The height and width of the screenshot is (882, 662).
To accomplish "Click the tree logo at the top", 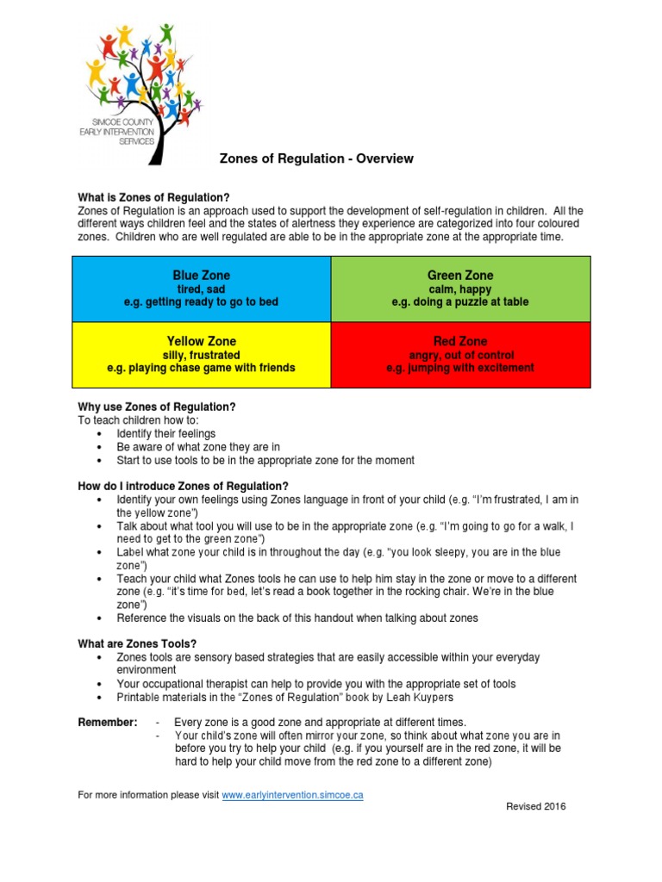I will pyautogui.click(x=143, y=90).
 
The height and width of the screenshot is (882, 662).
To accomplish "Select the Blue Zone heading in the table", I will pyautogui.click(x=202, y=276).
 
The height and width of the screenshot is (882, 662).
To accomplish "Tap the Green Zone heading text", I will pyautogui.click(x=460, y=276).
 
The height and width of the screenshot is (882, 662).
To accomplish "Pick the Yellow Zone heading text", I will pyautogui.click(x=201, y=342).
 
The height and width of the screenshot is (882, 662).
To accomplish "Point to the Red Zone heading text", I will pyautogui.click(x=460, y=342).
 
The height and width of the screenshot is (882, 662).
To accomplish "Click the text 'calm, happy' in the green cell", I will pyautogui.click(x=460, y=289).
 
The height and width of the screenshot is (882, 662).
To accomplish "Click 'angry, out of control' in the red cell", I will pyautogui.click(x=460, y=355).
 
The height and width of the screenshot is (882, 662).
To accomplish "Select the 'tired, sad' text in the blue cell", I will pyautogui.click(x=201, y=289).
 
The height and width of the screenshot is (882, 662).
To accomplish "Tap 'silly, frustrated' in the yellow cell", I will pyautogui.click(x=201, y=355).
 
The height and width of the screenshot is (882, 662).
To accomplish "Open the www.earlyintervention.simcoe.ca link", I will pyautogui.click(x=292, y=795).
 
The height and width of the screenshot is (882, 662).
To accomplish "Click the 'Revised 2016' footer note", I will pyautogui.click(x=535, y=806).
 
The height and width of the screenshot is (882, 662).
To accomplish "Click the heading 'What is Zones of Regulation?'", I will pyautogui.click(x=153, y=197).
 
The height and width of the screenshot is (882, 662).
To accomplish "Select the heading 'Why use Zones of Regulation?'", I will pyautogui.click(x=157, y=407).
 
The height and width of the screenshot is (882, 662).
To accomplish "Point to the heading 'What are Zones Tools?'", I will pyautogui.click(x=138, y=643).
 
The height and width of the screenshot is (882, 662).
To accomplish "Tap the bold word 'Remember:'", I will pyautogui.click(x=107, y=722).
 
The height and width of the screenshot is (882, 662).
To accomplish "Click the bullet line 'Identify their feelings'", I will pyautogui.click(x=166, y=433).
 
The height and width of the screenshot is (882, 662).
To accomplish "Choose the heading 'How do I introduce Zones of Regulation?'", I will pyautogui.click(x=183, y=486).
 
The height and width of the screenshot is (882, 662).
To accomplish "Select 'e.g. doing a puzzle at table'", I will pyautogui.click(x=460, y=302).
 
